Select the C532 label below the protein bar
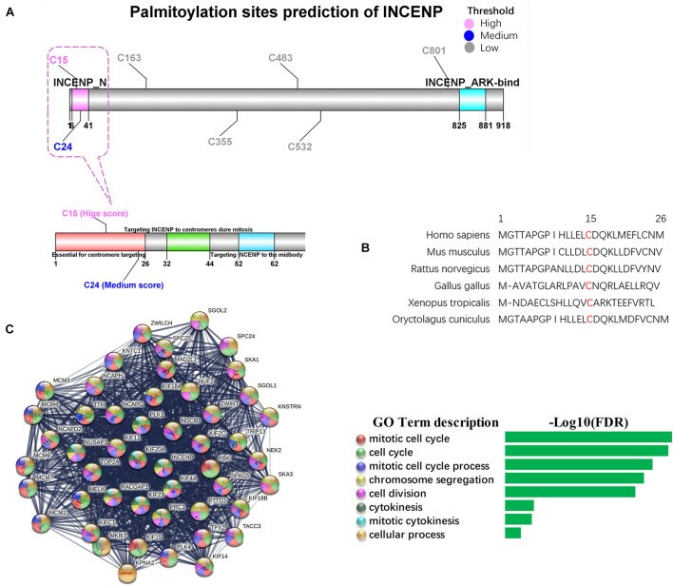coord(306,146)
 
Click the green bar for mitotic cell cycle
coord(587,437)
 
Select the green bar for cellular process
coord(512,533)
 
